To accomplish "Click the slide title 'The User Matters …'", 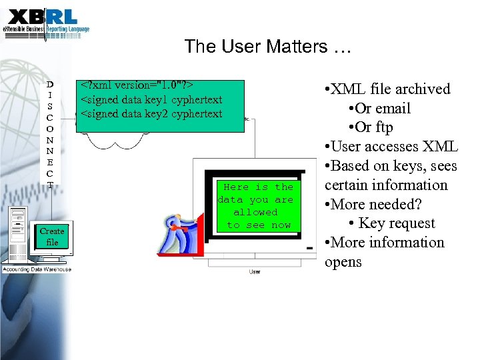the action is tap(267, 47).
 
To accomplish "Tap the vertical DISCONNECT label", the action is tap(50, 134).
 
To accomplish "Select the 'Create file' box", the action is tap(52, 237).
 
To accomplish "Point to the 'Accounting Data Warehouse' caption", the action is tap(37, 269).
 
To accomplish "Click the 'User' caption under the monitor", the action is tap(255, 271).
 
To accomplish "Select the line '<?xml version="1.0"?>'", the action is tap(137, 86).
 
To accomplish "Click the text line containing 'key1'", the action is tap(151, 100).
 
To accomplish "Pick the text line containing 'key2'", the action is tap(151, 114).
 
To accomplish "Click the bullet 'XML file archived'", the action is tap(386, 89).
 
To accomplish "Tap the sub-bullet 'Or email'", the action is tap(379, 109).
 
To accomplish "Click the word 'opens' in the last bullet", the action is tap(343, 262).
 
